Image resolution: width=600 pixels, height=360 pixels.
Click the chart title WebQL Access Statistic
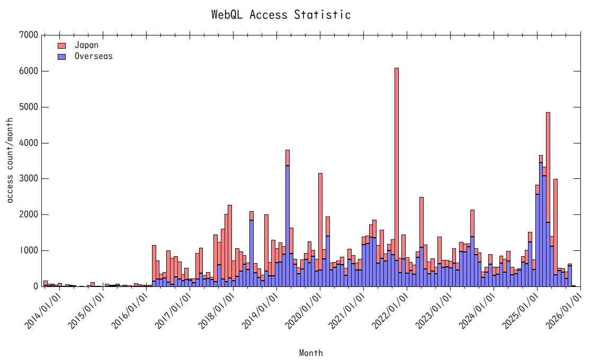(x=281, y=15)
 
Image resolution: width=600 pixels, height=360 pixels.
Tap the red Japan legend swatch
(x=61, y=46)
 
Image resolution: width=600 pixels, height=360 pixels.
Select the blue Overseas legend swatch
(x=61, y=56)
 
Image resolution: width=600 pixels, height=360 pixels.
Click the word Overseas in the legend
(x=93, y=56)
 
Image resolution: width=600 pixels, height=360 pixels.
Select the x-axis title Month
(x=311, y=353)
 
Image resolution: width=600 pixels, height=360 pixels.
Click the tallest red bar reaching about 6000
(x=397, y=159)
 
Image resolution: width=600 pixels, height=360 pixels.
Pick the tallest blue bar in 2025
(x=541, y=222)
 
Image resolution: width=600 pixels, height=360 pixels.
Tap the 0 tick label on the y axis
(x=35, y=286)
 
